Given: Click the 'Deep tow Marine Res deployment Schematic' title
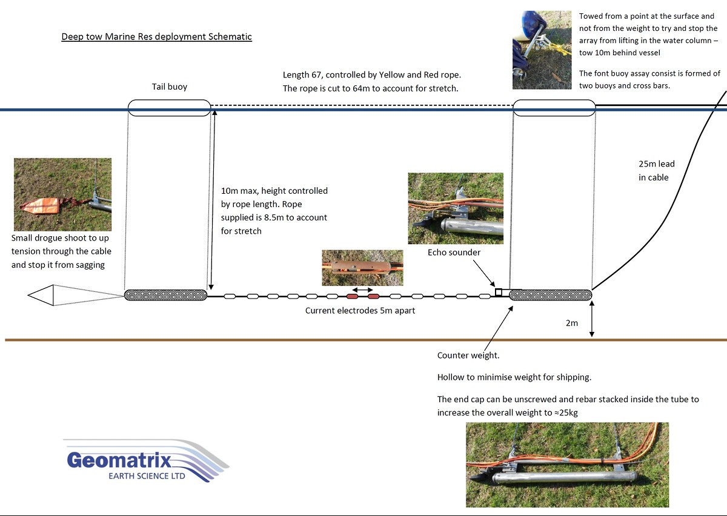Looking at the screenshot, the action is click(156, 36).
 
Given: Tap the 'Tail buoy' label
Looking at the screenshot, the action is click(170, 87).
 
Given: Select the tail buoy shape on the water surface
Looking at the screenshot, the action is click(169, 108).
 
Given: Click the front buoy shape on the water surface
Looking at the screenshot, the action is click(554, 108).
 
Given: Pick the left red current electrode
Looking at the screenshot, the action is click(352, 296).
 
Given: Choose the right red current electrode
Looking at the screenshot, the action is click(373, 296).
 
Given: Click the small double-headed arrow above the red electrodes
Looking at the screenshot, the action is click(362, 290).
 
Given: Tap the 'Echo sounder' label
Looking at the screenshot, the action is click(454, 253).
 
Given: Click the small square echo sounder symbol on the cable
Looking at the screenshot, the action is click(499, 293).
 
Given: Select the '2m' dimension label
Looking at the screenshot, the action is click(572, 323).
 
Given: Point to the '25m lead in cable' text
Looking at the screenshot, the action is click(656, 171).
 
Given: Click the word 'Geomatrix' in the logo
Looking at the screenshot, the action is click(119, 460).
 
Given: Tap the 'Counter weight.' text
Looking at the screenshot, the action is click(468, 356).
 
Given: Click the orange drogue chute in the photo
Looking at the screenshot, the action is click(41, 205).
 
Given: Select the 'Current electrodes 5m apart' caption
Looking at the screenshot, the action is click(360, 311).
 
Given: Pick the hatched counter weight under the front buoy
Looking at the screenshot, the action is click(551, 295).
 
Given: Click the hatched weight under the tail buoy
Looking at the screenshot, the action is click(165, 295).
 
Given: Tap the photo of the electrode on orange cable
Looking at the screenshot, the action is click(362, 268).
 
